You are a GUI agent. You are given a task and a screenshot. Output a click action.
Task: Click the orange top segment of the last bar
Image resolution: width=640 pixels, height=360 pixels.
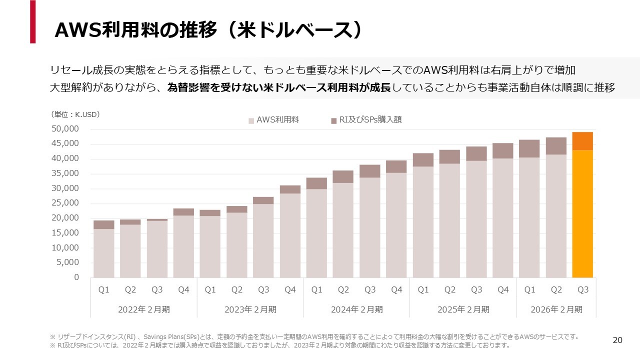click(x=582, y=141)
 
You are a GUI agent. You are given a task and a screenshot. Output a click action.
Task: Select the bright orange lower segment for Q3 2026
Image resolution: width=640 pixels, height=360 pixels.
click(x=582, y=213)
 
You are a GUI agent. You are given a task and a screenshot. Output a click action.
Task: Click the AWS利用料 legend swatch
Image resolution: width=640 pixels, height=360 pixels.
click(x=251, y=120)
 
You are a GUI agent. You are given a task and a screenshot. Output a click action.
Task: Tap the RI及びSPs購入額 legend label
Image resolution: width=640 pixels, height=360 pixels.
click(x=370, y=119)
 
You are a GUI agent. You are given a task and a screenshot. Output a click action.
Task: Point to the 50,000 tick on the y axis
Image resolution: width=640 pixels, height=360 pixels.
click(x=65, y=129)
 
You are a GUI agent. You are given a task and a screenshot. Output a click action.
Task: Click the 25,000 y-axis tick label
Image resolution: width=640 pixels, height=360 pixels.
click(x=65, y=203)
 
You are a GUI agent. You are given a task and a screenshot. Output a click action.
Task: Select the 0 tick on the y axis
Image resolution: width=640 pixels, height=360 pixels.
click(x=76, y=277)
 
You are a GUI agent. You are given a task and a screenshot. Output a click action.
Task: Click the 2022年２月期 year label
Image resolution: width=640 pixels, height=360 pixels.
click(x=144, y=309)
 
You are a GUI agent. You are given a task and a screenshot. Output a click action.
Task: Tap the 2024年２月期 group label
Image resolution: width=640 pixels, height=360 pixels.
click(x=356, y=309)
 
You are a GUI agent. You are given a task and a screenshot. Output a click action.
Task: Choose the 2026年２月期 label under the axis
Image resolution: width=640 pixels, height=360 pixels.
click(x=556, y=309)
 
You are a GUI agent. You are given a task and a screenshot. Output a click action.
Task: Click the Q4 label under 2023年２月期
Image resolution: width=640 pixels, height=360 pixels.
click(x=290, y=290)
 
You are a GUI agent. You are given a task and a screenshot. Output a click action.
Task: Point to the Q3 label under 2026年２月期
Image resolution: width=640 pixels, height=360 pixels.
click(x=582, y=290)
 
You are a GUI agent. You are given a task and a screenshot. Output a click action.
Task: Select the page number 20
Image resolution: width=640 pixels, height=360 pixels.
click(x=617, y=340)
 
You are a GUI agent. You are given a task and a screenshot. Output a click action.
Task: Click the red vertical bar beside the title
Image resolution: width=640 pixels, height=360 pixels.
click(x=32, y=21)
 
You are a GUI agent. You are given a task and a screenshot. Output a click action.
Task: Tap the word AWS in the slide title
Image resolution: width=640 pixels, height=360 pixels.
click(x=77, y=30)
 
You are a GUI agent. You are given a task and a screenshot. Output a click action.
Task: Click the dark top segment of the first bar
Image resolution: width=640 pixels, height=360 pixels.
click(x=103, y=224)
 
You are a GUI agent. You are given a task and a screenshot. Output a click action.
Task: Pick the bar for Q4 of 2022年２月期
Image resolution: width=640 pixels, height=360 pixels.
click(x=183, y=243)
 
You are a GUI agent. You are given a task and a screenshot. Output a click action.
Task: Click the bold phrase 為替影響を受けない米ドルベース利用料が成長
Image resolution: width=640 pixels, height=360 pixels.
click(x=279, y=87)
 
